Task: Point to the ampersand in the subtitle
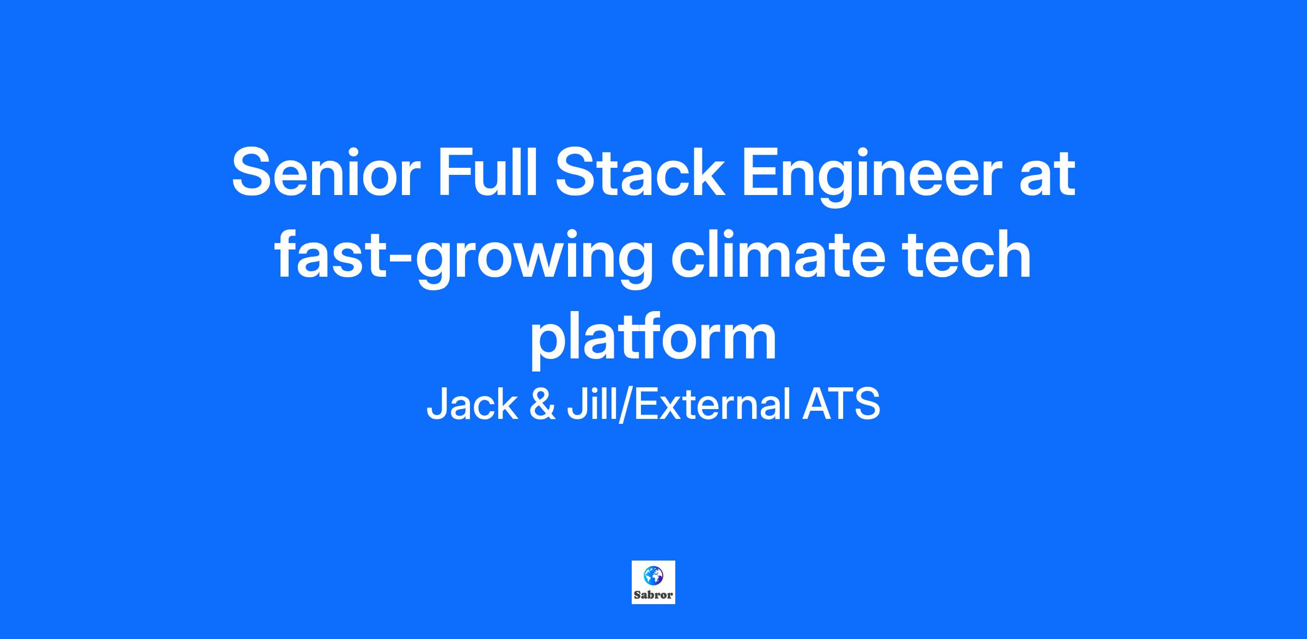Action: pos(543,404)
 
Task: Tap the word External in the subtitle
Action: pos(713,404)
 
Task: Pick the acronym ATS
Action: pos(841,404)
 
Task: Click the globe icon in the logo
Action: pos(653,575)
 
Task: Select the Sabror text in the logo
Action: pos(653,595)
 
